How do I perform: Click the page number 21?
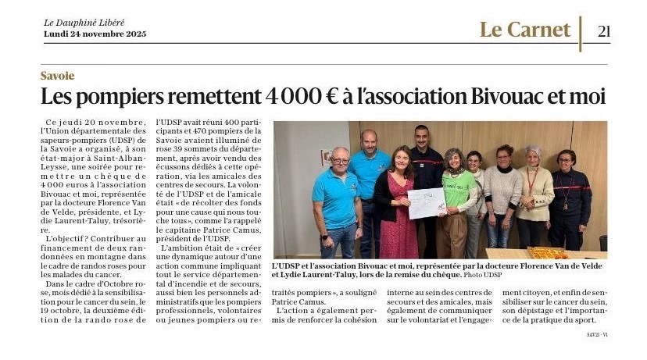[603, 31]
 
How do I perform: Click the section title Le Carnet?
[525, 30]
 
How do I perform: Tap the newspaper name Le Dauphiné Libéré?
[84, 23]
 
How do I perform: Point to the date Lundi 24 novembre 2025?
[95, 34]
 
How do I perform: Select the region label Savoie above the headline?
[58, 76]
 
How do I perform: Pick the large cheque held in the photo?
[426, 202]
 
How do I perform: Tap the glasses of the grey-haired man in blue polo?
[341, 161]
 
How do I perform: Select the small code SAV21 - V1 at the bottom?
[597, 335]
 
